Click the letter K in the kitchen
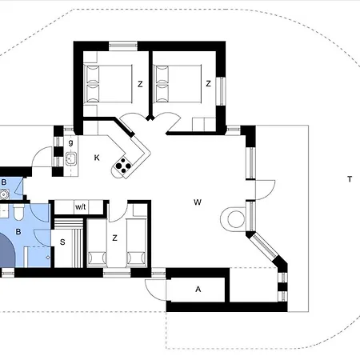(97, 158)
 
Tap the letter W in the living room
(198, 202)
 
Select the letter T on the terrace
(350, 179)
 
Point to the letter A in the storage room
(198, 289)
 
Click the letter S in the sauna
(62, 242)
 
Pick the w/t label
(81, 206)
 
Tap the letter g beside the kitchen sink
(70, 142)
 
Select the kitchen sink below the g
(71, 158)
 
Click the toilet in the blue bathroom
(18, 212)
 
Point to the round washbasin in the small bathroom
(4, 194)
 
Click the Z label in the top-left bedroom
(140, 84)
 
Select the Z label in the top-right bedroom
(208, 84)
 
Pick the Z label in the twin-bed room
(114, 238)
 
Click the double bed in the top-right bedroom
(178, 83)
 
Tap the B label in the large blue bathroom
(18, 231)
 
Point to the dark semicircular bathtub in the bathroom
(7, 250)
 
